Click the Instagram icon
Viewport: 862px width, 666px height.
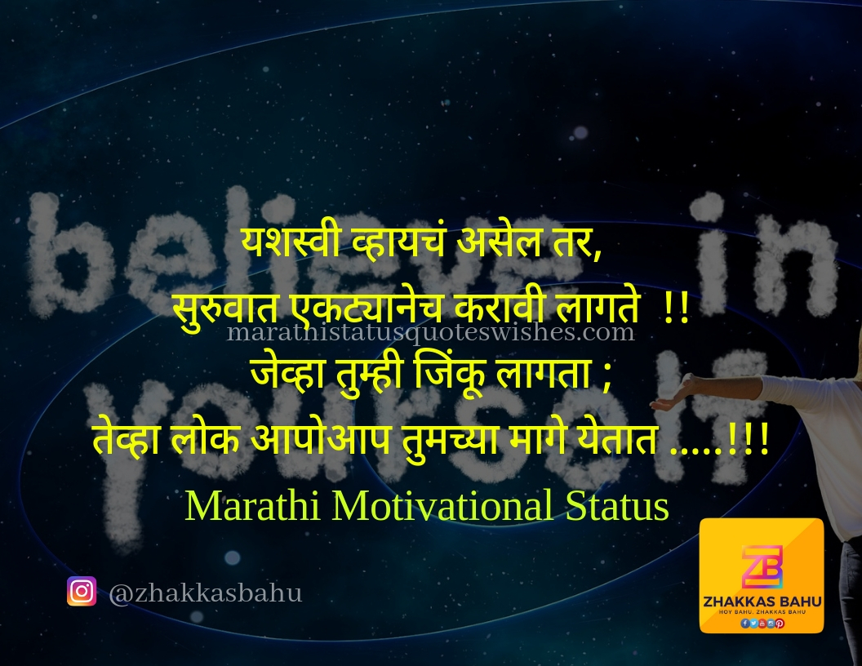[x=82, y=591]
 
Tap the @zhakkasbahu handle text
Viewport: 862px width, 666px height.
[x=205, y=593]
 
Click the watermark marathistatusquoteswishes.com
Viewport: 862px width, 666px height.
[x=430, y=333]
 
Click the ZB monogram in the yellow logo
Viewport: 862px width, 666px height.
[x=762, y=565]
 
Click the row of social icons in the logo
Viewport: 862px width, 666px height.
[x=762, y=623]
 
